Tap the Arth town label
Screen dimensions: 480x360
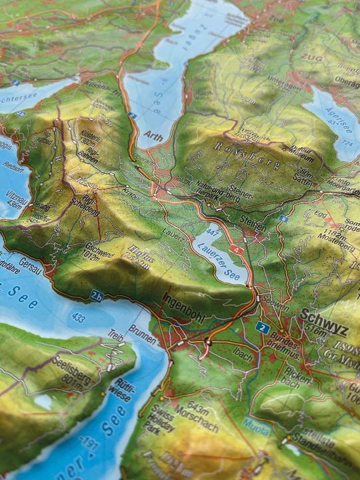(153, 133)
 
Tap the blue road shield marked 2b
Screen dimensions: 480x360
(97, 296)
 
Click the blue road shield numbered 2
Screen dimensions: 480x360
(262, 327)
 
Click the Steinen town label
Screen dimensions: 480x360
(251, 225)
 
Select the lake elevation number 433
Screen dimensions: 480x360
(79, 319)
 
